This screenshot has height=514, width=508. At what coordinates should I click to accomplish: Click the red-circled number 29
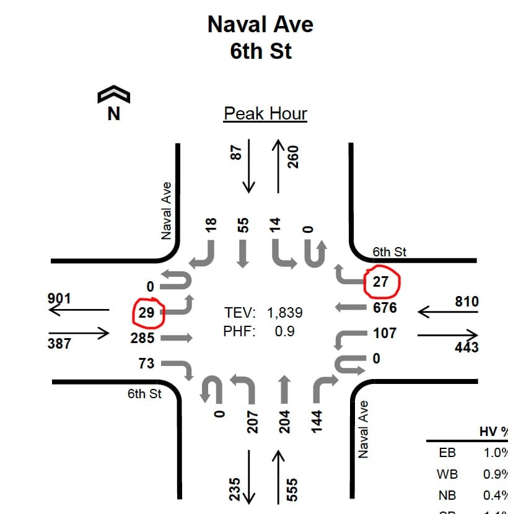pos(147,313)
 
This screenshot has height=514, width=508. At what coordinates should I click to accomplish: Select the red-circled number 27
pos(380,282)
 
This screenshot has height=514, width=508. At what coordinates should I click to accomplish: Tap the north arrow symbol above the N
pos(113,95)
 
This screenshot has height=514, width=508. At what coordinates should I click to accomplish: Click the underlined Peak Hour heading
pos(265,114)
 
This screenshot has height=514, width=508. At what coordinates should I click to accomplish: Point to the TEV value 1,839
pos(285,313)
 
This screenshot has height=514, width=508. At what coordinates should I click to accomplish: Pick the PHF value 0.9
pos(284,331)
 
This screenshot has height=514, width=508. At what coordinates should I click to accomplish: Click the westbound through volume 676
pos(385,308)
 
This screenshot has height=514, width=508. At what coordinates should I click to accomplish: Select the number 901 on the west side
pos(59,299)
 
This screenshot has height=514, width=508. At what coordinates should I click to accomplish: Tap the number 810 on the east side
pos(466,302)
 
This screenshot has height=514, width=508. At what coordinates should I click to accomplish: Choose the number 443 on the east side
pos(466,347)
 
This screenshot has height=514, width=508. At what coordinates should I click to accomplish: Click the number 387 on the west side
pos(59,343)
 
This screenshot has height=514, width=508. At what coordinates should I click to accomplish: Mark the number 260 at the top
pos(293,157)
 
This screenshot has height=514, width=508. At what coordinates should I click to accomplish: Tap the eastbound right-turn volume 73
pos(146,364)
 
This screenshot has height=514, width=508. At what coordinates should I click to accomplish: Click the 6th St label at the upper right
pos(390,252)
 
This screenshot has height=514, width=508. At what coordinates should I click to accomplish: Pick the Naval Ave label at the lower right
pos(364,429)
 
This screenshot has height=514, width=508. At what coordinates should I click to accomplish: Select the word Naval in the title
pos(233,24)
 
